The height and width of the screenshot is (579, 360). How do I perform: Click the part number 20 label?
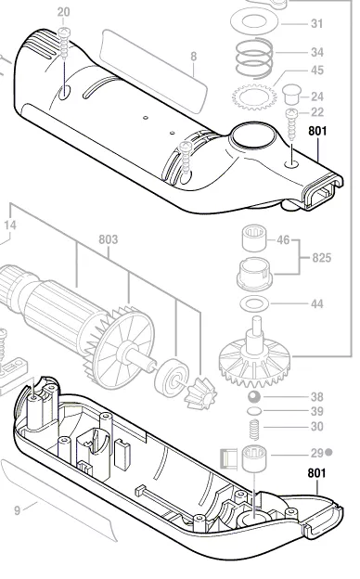click(63, 12)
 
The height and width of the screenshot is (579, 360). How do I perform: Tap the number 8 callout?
click(193, 57)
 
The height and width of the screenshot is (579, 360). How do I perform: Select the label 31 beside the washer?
click(317, 23)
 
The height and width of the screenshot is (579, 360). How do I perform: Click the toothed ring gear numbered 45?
click(256, 95)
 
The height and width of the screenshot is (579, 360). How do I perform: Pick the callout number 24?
click(317, 96)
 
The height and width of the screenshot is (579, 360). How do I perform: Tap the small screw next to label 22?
click(289, 116)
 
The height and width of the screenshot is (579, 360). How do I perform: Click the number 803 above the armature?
click(108, 239)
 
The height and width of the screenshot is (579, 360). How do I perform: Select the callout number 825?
click(321, 256)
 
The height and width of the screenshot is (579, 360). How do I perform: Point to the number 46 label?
click(282, 239)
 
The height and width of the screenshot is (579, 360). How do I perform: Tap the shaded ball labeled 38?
click(253, 397)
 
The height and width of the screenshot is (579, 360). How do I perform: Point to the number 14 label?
click(10, 224)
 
